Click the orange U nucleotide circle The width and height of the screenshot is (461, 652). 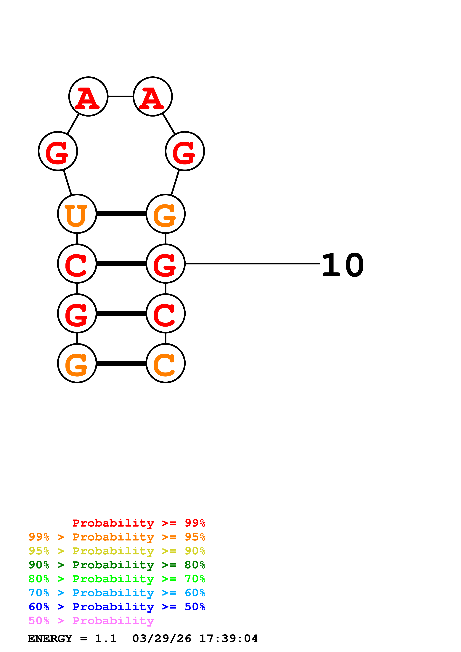click(x=77, y=214)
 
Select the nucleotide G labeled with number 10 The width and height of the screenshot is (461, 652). click(x=166, y=264)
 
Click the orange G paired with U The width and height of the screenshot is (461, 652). click(x=166, y=214)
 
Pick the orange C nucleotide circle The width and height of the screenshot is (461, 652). click(x=166, y=363)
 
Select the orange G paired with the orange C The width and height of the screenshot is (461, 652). click(x=77, y=363)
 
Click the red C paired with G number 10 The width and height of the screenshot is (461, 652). click(x=77, y=264)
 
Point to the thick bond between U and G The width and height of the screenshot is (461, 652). click(x=121, y=214)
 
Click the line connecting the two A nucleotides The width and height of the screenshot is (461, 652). click(x=121, y=96)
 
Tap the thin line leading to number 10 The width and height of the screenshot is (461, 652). click(x=252, y=264)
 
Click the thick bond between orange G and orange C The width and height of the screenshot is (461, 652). click(x=121, y=363)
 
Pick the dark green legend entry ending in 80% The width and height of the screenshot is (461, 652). click(x=117, y=565)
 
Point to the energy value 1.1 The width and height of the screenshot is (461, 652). click(x=106, y=638)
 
